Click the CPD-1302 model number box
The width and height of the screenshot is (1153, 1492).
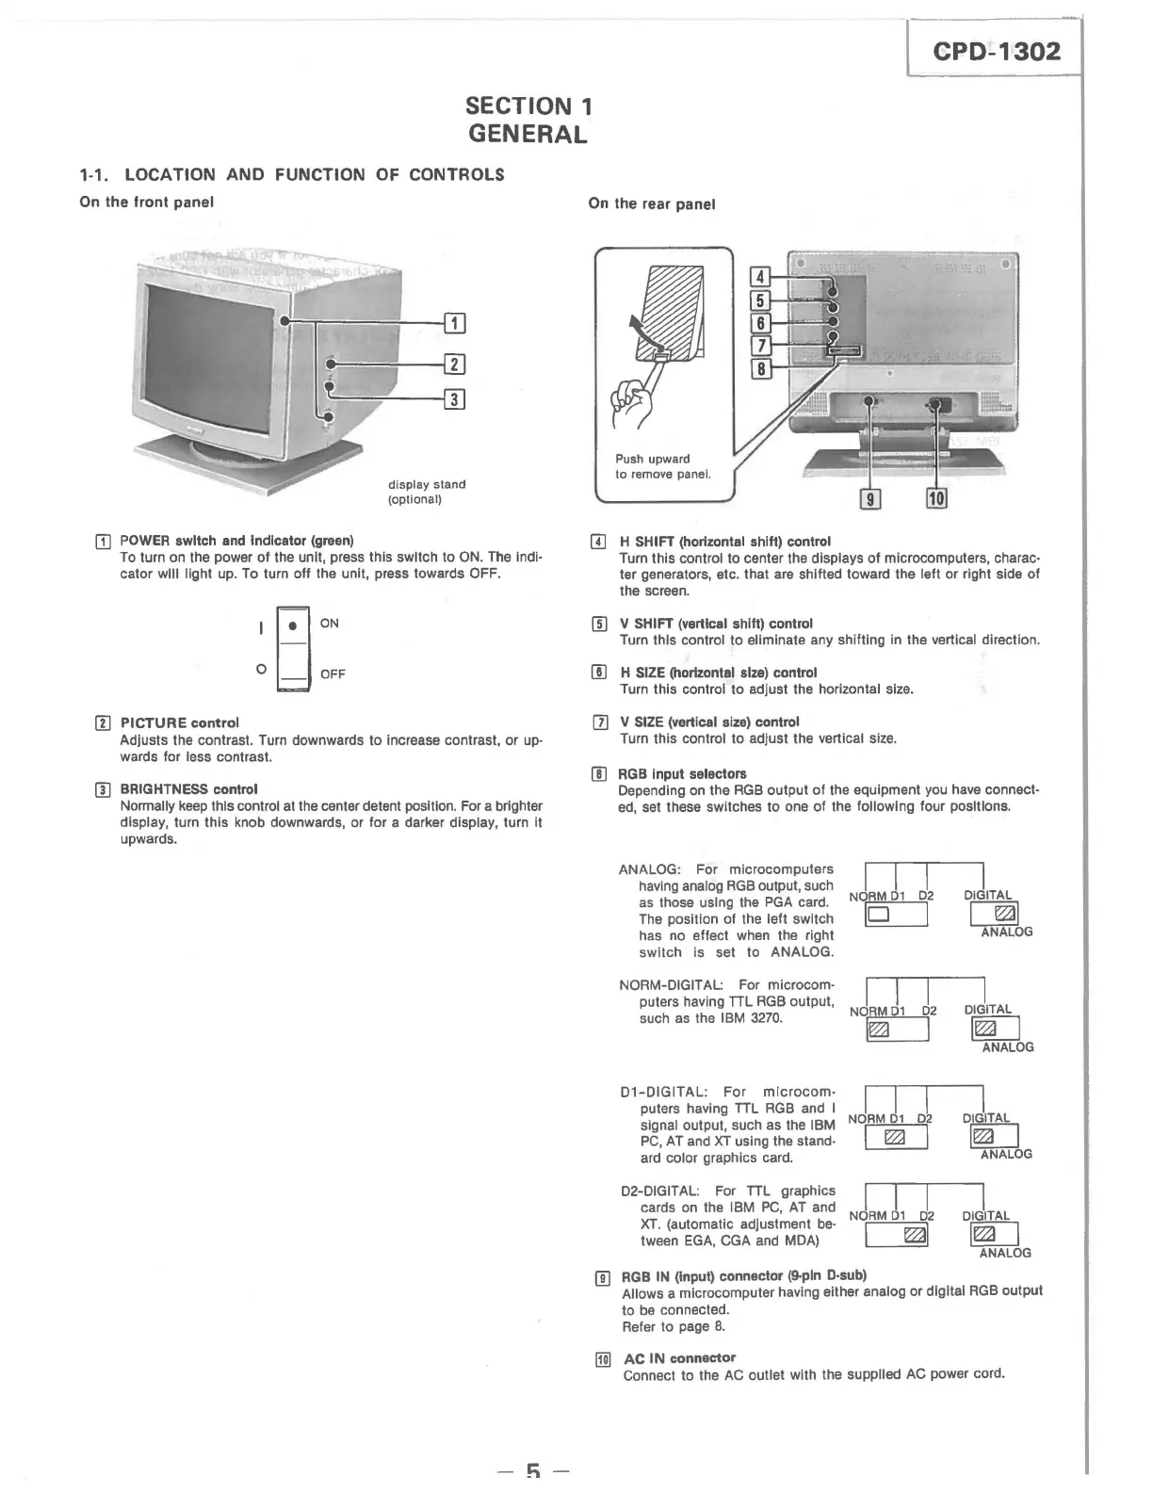click(x=996, y=51)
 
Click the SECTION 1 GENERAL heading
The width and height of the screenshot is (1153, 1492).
click(x=528, y=120)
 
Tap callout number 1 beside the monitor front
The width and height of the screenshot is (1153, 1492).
click(x=454, y=323)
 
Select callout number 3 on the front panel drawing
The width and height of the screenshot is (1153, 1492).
click(x=454, y=399)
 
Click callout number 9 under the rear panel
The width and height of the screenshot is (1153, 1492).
click(x=872, y=499)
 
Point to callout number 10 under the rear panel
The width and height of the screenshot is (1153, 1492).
click(x=937, y=499)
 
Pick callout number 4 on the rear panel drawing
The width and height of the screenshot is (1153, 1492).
click(x=758, y=277)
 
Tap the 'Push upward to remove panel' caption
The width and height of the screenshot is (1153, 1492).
click(x=662, y=466)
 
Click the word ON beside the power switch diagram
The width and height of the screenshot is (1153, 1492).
click(x=330, y=624)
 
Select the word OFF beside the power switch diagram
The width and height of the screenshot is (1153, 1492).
click(x=333, y=674)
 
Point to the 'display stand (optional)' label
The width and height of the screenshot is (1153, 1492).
click(x=427, y=492)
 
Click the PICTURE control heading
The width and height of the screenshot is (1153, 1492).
click(x=179, y=722)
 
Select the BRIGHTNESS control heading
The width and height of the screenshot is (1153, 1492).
click(x=188, y=788)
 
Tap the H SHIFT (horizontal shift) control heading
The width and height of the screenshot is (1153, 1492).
click(x=724, y=542)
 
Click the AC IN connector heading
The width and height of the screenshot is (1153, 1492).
click(x=679, y=1357)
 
